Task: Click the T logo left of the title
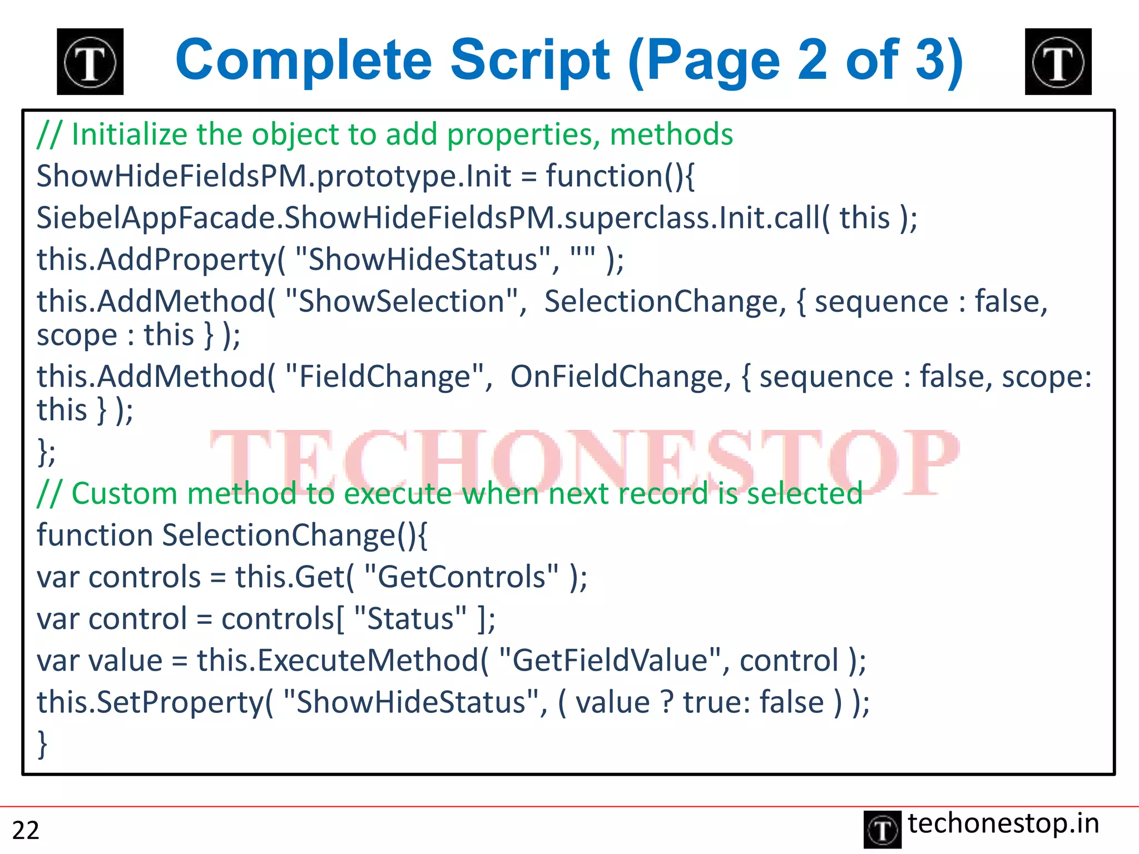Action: [x=90, y=62]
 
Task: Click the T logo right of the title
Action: [x=1058, y=62]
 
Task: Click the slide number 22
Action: [x=26, y=830]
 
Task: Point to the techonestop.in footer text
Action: [x=1003, y=823]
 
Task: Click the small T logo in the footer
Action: [x=882, y=830]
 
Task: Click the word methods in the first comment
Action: [x=671, y=135]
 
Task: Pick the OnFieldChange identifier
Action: [x=617, y=376]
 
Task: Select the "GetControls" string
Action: [x=461, y=577]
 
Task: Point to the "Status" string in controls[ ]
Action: [x=410, y=618]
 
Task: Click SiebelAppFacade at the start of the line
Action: [x=156, y=217]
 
